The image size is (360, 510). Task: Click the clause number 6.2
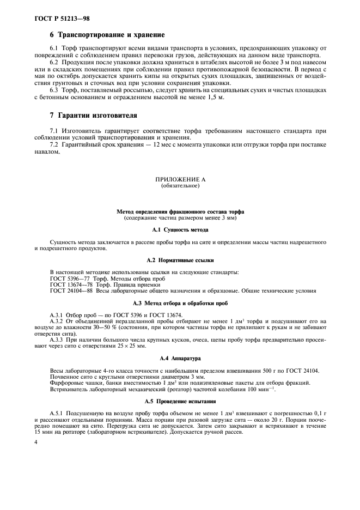[x=55, y=64]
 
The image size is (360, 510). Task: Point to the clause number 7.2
[x=55, y=145]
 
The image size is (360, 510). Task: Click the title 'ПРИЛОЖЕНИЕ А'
[x=180, y=179]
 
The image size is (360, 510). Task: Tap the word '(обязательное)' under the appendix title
[x=180, y=186]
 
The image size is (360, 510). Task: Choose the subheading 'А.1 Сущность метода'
[x=180, y=230]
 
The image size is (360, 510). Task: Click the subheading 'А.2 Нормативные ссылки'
[x=180, y=260]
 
